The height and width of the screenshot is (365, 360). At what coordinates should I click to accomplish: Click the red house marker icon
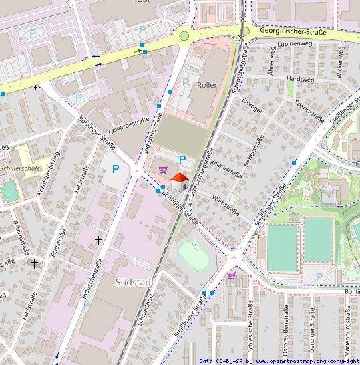coord(180,180)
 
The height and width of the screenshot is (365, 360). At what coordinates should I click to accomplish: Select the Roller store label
coord(207,85)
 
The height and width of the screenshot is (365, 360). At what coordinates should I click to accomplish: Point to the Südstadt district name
coord(134,281)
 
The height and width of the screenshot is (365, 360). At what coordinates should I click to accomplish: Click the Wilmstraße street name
coord(225,200)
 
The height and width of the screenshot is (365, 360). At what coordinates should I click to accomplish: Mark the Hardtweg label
coord(299,78)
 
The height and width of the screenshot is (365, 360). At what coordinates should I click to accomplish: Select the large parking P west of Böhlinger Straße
coord(116,170)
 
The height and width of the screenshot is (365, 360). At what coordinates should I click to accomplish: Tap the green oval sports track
coord(194,255)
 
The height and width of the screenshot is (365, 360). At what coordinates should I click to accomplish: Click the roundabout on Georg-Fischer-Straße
coord(184,36)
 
